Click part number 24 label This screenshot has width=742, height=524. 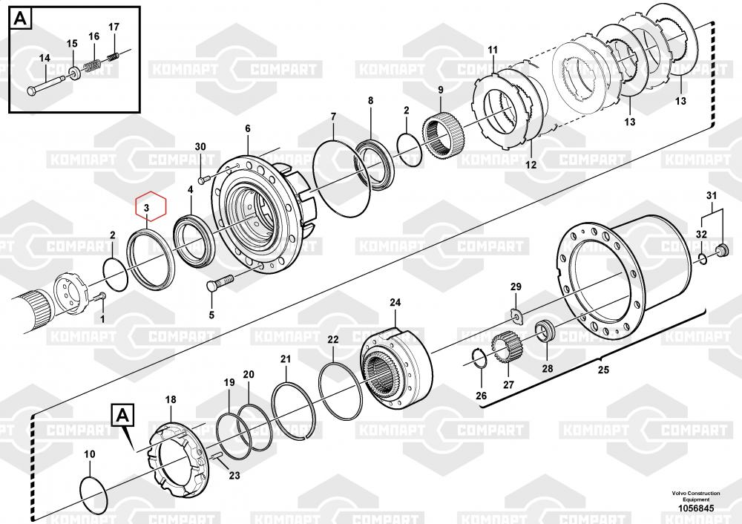coord(395,302)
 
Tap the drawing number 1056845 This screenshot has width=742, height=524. coord(696,508)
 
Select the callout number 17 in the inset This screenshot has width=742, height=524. coord(114,27)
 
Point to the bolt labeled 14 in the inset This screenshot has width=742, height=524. coord(47,82)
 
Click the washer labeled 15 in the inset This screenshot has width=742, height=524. coord(73,73)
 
